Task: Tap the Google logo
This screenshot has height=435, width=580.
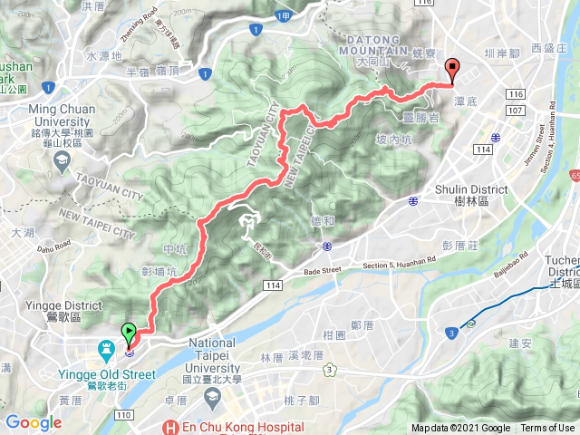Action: pos(34,422)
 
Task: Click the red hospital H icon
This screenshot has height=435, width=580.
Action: pos(168,427)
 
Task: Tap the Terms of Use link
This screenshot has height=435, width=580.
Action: pos(546,428)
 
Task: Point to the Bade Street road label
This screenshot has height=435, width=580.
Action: pos(320,269)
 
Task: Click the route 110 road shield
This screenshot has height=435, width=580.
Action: pos(124,414)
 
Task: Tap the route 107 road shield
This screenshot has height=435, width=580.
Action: pos(517,110)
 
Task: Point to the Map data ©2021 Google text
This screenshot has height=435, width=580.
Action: pos(460,428)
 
